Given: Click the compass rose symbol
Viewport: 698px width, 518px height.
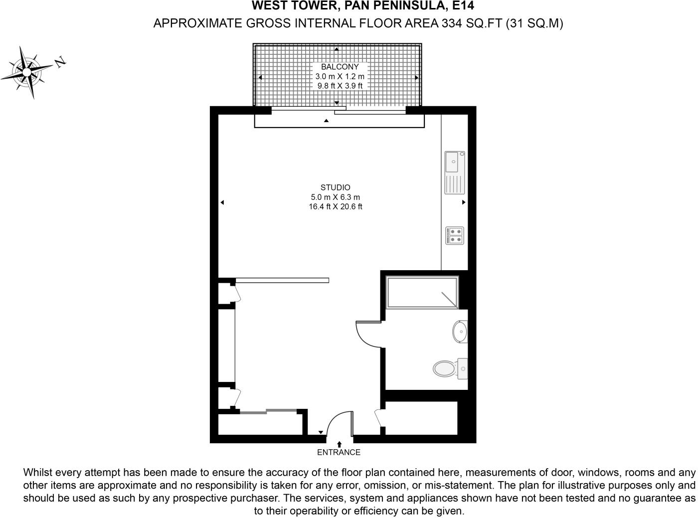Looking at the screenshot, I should (x=26, y=72).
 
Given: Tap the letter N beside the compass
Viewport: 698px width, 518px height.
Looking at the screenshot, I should (x=60, y=62).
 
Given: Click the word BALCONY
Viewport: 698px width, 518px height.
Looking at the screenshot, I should (x=340, y=67).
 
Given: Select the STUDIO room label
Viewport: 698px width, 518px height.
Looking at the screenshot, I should (x=335, y=187).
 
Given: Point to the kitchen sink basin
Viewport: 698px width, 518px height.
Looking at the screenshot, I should (x=452, y=162).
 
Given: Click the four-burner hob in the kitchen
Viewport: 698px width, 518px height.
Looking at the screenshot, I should (x=455, y=235).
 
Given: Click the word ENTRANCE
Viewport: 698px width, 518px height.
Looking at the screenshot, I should (x=339, y=452).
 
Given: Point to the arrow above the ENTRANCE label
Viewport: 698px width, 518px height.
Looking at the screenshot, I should (x=339, y=444).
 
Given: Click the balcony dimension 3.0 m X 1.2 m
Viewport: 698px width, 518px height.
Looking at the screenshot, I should (x=340, y=76).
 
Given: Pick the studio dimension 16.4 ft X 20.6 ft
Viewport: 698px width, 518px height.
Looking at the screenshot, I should (x=335, y=206).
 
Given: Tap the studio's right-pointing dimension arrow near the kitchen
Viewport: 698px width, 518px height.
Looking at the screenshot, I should (x=464, y=202).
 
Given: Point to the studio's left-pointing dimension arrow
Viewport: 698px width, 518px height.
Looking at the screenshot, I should (x=222, y=202).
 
